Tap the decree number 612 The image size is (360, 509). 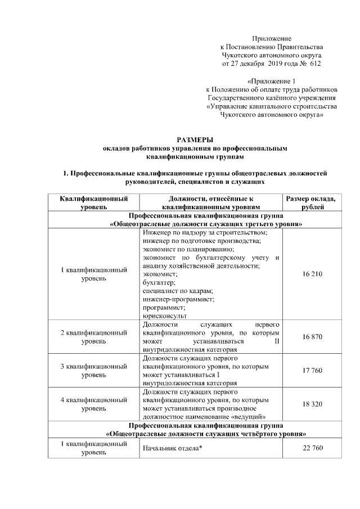[315, 65]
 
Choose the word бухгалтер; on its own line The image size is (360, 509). [159, 282]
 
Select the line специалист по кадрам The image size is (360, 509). [178, 291]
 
